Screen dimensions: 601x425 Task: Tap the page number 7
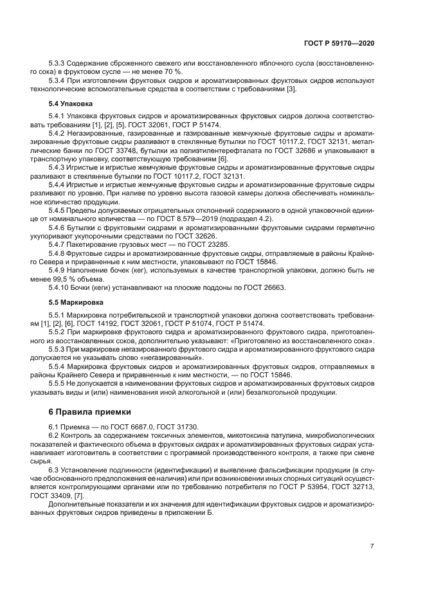tap(372, 546)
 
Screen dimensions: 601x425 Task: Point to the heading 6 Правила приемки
tap(89, 411)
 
